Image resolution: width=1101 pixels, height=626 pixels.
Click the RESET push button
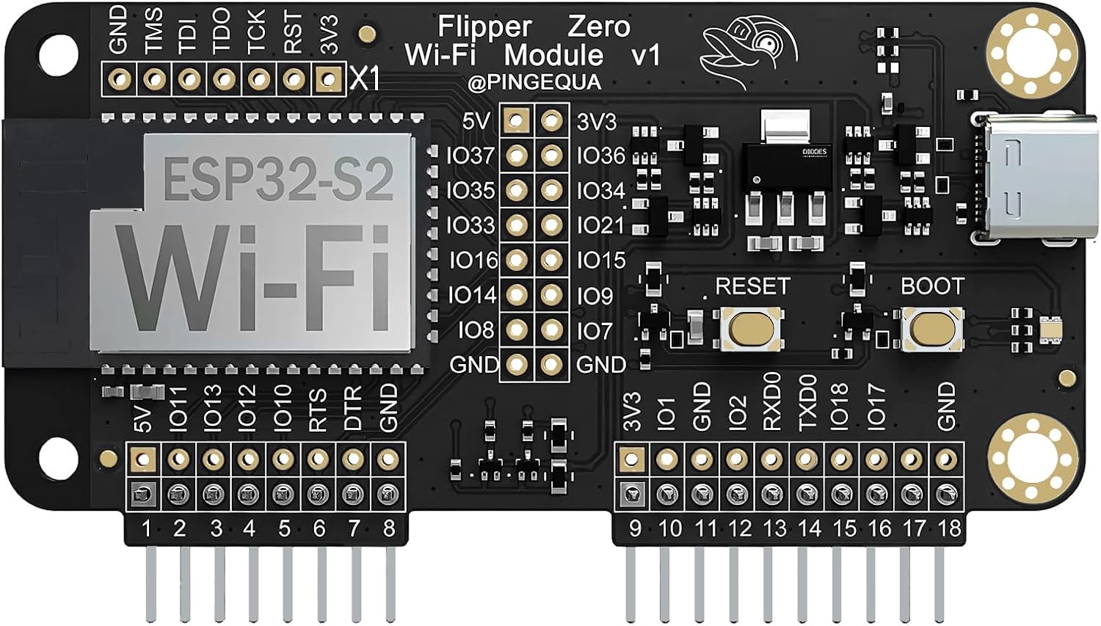[752, 327]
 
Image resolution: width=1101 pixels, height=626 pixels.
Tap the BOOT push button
[932, 328]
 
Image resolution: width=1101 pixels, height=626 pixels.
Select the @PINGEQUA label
[534, 82]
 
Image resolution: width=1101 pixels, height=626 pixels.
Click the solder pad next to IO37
[517, 155]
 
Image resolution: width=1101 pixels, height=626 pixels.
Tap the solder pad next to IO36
[552, 155]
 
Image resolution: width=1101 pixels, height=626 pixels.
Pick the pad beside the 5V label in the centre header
[517, 120]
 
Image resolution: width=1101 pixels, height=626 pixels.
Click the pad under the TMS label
[154, 79]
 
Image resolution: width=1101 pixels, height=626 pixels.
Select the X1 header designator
[365, 79]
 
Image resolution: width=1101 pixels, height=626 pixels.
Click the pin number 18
[948, 528]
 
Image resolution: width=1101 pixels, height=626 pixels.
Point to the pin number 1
[146, 528]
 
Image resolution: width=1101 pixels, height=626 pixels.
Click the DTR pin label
[353, 408]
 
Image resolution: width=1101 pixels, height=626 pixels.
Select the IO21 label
[600, 225]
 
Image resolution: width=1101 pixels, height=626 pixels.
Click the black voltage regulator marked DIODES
[786, 165]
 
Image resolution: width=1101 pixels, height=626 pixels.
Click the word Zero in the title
[599, 26]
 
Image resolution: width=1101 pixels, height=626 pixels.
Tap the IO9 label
[594, 295]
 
